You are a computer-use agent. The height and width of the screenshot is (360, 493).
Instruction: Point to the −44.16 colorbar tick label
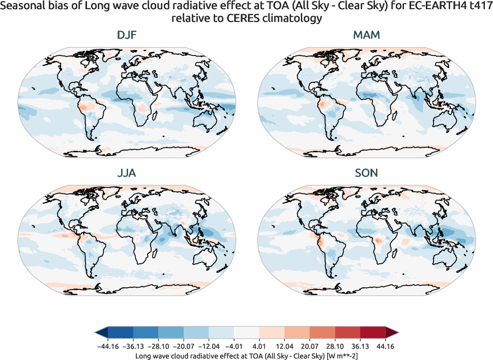(108, 346)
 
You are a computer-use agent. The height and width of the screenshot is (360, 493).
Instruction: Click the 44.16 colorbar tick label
(385, 346)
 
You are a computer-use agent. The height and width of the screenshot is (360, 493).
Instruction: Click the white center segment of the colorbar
(247, 334)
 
